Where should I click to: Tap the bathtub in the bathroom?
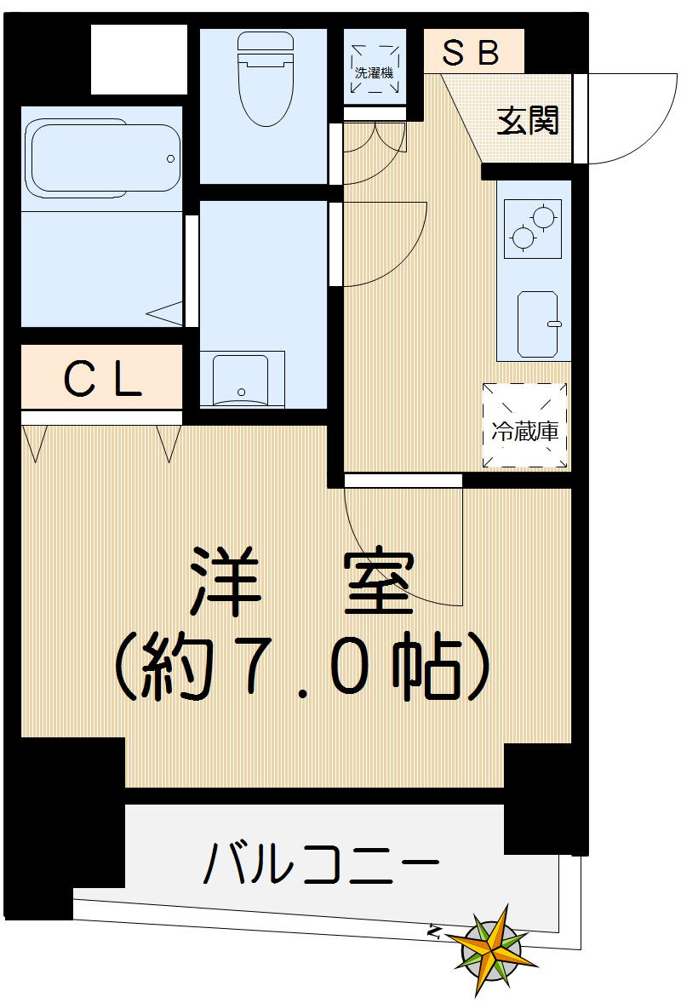click(103, 159)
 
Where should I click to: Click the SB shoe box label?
click(471, 54)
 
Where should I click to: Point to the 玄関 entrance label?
click(529, 121)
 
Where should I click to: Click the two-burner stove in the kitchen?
click(533, 228)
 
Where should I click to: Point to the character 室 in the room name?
click(379, 585)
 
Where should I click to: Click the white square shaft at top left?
click(138, 60)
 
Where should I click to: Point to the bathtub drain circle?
click(170, 158)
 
